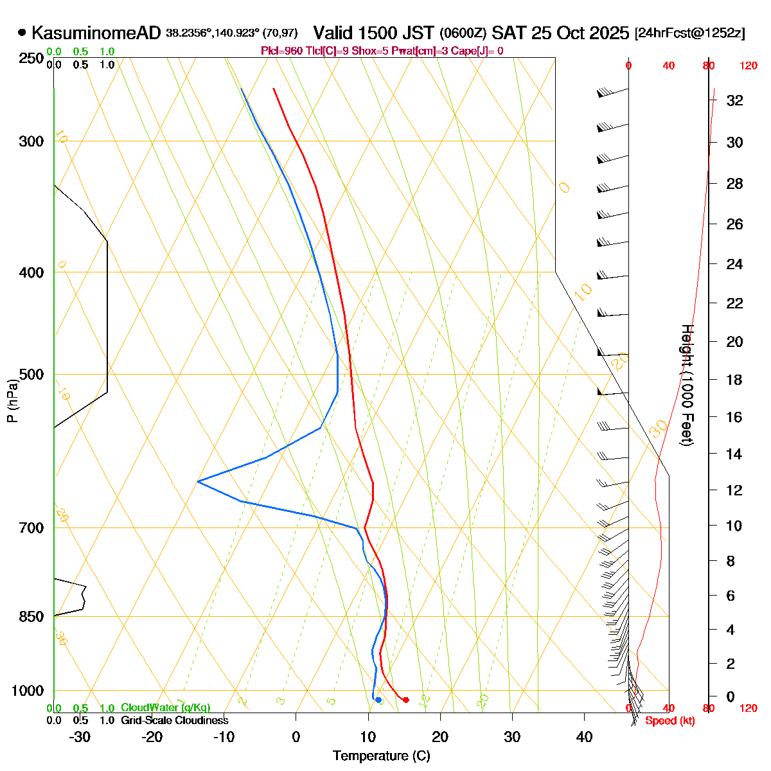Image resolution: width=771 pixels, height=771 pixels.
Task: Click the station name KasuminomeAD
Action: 96,33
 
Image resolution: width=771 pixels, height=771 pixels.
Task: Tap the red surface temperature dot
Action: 405,700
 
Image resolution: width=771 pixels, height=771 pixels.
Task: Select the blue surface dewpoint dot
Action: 378,700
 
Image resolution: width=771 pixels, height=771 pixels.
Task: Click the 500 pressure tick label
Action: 32,374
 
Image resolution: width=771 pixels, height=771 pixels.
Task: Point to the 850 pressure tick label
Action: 32,616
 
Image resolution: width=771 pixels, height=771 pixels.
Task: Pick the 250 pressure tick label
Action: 32,58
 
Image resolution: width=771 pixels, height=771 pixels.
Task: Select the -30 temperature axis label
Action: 80,736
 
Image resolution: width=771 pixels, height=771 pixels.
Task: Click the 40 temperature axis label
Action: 584,736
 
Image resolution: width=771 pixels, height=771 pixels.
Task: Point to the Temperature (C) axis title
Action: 381,756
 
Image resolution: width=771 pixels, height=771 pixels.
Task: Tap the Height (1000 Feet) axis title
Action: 687,385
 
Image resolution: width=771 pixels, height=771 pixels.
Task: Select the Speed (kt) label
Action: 669,721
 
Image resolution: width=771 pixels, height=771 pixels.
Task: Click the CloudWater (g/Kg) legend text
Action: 166,707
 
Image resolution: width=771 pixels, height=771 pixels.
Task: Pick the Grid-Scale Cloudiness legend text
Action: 174,721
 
